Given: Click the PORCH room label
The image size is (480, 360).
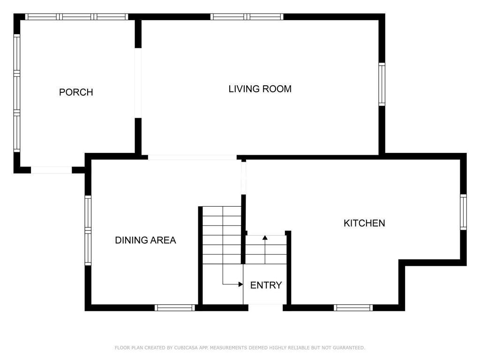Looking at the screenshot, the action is click(76, 92).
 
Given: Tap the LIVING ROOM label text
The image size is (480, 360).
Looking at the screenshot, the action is click(260, 89).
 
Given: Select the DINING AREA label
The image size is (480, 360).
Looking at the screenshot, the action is click(145, 240).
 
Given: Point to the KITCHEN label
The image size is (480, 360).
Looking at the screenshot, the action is click(364, 223).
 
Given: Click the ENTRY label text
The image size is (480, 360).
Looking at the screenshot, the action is click(266, 285).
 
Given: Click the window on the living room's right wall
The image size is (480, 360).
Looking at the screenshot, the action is click(382, 84).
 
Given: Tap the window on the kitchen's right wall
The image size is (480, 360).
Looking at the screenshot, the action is click(464, 212).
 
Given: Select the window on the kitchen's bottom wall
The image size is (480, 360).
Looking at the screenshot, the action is click(353, 307).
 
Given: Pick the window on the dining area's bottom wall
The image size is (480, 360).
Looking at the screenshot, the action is click(175, 307).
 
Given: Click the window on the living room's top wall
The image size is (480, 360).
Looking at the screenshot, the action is click(247, 16).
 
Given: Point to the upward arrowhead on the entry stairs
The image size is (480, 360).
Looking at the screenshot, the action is click(265, 238).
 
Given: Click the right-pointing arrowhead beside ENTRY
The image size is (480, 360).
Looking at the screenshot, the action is click(241, 285).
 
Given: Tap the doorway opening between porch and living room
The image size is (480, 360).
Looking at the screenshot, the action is click(138, 83).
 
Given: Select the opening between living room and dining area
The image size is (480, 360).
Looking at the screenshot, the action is click(192, 157).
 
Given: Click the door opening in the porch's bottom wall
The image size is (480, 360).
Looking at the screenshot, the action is click(52, 170).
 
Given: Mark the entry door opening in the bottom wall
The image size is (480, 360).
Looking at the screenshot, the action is click(265, 307).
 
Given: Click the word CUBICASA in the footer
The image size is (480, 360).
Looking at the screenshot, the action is click(186, 348).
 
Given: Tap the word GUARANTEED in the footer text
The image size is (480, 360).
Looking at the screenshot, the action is click(349, 348).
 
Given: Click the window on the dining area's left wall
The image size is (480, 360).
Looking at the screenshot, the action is click(88, 230).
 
